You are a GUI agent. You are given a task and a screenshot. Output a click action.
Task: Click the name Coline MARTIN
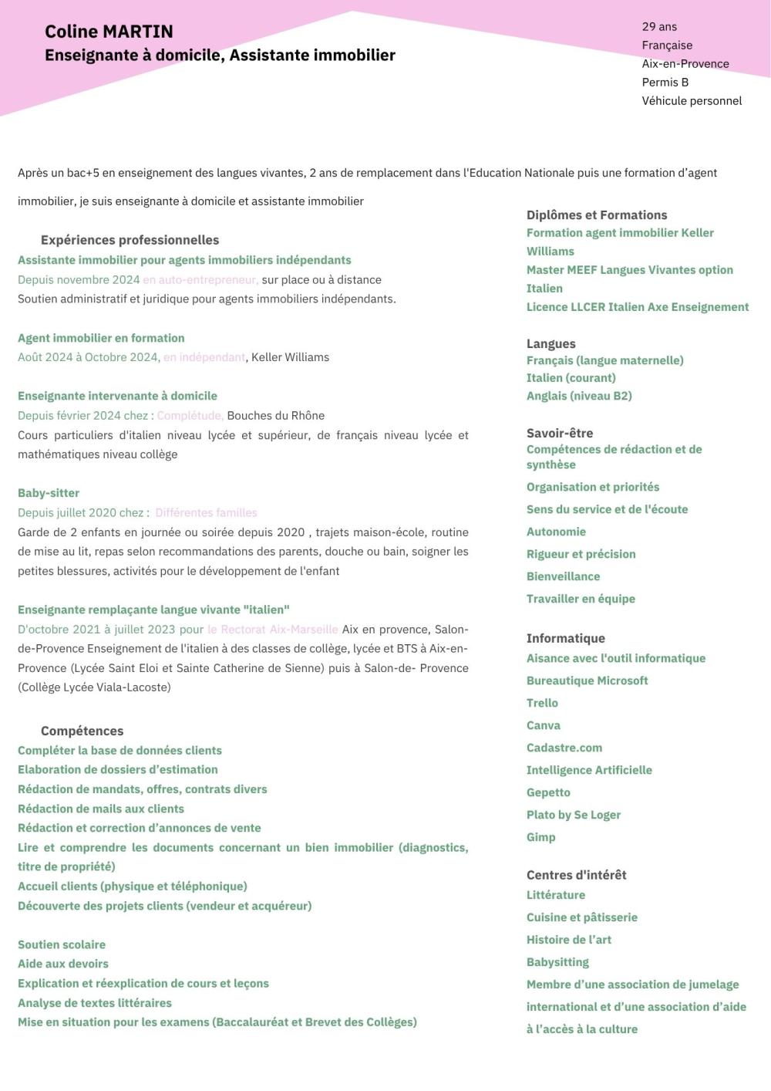tap(109, 32)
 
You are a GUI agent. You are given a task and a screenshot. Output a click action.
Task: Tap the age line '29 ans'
tap(659, 27)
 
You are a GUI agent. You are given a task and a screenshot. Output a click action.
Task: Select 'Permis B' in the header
tap(665, 83)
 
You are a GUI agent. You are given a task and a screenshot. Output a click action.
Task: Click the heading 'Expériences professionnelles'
tap(130, 240)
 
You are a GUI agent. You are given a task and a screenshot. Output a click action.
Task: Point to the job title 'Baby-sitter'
tap(49, 493)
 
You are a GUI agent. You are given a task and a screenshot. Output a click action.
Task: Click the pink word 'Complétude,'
tap(190, 416)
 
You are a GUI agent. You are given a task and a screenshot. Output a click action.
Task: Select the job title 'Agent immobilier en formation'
tap(101, 338)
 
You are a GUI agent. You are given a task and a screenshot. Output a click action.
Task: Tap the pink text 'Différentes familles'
tap(206, 513)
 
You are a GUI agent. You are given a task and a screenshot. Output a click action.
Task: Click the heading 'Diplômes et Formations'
tap(597, 215)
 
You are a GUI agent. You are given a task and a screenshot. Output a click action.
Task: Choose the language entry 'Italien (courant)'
tap(571, 378)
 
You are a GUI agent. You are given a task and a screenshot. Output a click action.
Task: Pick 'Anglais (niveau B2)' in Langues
tap(579, 396)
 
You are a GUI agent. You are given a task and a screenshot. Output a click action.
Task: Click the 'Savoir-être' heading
tap(560, 433)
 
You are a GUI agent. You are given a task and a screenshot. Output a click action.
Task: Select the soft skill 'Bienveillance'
tap(563, 576)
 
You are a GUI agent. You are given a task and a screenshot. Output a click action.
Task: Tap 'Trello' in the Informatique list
tap(542, 703)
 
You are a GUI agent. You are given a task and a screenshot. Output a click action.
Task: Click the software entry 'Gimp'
tap(540, 837)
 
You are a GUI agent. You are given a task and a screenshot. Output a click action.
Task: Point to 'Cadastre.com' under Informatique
tap(564, 748)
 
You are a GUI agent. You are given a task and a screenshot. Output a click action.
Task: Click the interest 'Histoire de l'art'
tap(569, 940)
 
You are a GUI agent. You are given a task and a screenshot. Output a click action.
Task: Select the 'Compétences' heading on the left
tap(82, 731)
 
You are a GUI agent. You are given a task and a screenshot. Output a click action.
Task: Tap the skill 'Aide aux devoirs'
tap(63, 964)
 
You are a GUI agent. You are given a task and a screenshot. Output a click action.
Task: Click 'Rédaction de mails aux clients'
tap(101, 809)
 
